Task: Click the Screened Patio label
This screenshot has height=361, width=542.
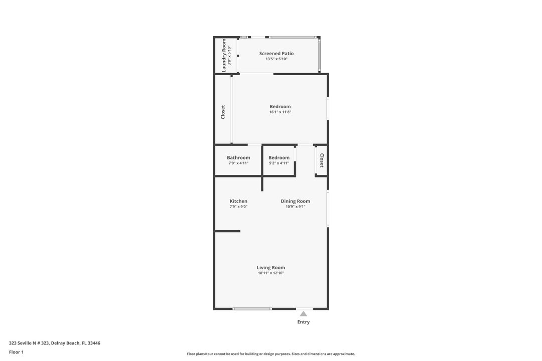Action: click(x=277, y=53)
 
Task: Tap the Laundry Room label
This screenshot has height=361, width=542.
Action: click(x=224, y=55)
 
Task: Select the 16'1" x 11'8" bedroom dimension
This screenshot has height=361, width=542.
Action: click(x=280, y=112)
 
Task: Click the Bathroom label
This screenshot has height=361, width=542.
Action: click(x=238, y=157)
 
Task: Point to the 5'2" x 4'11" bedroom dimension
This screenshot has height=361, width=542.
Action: click(x=279, y=163)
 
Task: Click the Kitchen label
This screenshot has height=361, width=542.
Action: click(x=238, y=201)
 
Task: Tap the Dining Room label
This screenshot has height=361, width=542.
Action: click(x=295, y=201)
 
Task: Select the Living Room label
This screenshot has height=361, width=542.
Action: click(x=271, y=267)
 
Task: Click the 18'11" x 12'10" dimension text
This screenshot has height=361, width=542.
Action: click(x=271, y=273)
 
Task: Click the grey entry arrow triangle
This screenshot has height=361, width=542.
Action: click(x=303, y=314)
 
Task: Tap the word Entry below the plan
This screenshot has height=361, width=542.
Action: click(x=303, y=322)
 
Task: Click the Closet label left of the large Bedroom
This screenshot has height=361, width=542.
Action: click(x=223, y=112)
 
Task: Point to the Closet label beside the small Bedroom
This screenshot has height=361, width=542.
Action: click(x=322, y=160)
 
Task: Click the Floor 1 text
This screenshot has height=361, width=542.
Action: click(x=16, y=352)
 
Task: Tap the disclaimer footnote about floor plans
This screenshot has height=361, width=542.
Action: click(x=271, y=354)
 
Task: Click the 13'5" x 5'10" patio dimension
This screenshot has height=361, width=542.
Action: click(x=277, y=59)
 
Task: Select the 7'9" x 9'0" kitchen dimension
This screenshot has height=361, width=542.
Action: click(x=238, y=207)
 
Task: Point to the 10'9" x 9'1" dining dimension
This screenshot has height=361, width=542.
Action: click(x=295, y=207)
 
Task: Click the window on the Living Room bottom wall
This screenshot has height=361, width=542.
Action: click(x=252, y=309)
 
